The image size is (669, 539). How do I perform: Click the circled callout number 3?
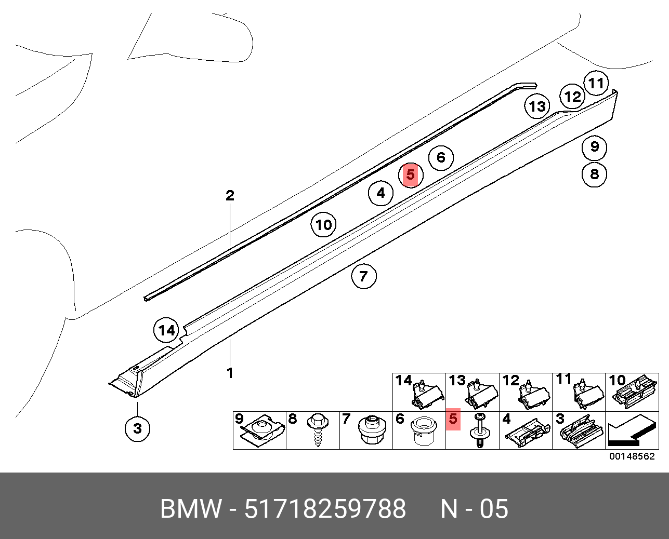[x=137, y=428]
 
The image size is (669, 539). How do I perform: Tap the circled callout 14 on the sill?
[x=167, y=330]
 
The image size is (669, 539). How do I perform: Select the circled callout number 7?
[x=363, y=276]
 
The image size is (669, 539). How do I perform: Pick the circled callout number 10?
[x=323, y=225]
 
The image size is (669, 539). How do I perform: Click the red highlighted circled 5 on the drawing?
[x=411, y=175]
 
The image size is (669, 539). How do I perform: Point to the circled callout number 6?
[x=441, y=157]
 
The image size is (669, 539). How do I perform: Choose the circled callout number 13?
[x=537, y=106]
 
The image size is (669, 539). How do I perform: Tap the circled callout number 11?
[x=596, y=83]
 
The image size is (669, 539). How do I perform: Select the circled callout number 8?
[x=595, y=174]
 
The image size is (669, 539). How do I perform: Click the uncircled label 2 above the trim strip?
[x=230, y=196]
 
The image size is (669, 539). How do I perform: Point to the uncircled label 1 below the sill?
[x=229, y=373]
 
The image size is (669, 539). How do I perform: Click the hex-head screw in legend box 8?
[x=317, y=429]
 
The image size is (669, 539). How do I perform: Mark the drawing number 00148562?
[x=632, y=456]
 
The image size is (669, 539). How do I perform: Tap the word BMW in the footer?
[x=191, y=509]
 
